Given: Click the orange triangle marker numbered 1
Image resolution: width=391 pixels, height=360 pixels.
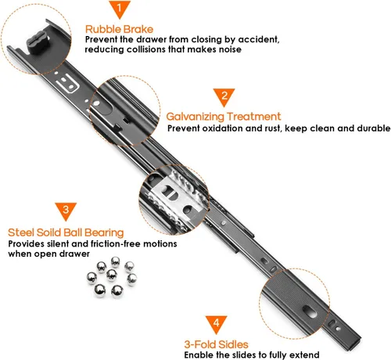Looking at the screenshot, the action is coord(120,9).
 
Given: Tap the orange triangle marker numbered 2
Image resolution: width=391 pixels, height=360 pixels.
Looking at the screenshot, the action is coord(224,96).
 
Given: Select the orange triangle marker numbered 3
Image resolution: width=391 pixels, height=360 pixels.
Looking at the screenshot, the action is coord(66,211).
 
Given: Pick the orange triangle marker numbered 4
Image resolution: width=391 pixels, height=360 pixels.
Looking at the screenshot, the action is coord(216,323).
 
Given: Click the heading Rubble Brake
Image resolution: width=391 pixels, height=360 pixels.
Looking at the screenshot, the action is coord(120,29).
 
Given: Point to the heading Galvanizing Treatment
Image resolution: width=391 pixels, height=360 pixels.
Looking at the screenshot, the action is coord(224,117).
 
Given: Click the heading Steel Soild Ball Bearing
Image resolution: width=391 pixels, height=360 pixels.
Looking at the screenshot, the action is coord(66,232).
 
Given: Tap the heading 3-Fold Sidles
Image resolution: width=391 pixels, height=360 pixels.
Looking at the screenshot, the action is coord(216,344).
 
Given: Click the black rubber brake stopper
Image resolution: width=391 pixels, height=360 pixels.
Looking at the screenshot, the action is coord(38,42).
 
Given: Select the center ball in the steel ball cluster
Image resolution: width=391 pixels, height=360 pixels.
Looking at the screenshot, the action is coord(112,275).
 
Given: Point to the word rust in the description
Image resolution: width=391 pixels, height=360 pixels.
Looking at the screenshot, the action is coord(273,128).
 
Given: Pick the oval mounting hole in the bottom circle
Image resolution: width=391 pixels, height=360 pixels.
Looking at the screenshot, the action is coord(310,311).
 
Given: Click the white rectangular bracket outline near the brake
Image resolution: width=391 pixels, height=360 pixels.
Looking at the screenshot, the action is coord(67,84).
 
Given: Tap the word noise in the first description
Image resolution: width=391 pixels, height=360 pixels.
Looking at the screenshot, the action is coord(230,49).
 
